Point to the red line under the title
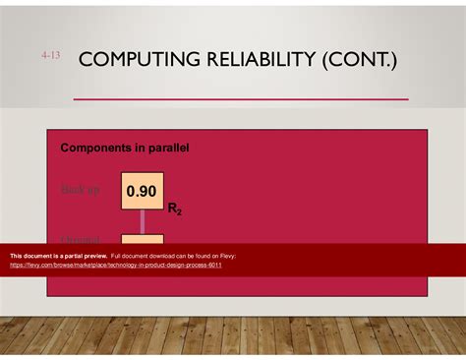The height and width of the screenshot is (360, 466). (x=241, y=99)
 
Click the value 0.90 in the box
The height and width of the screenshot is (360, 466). (x=143, y=191)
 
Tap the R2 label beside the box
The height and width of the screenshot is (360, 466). (x=174, y=209)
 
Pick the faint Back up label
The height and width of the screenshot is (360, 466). (x=81, y=190)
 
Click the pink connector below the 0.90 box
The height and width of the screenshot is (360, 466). (x=143, y=221)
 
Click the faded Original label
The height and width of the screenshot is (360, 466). (x=81, y=239)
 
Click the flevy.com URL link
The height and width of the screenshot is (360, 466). (x=115, y=265)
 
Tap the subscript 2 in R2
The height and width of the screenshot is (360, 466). (x=178, y=211)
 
